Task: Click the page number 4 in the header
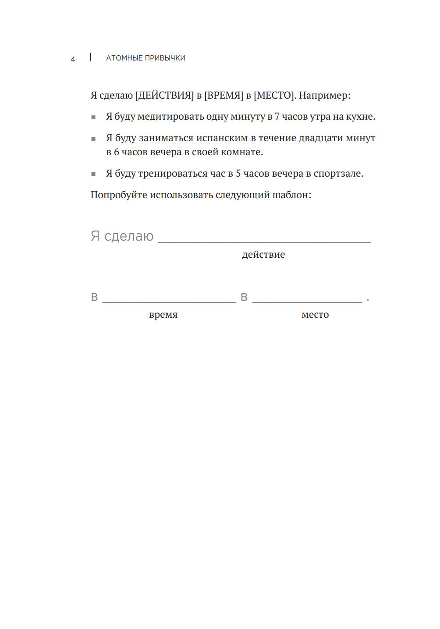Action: (73, 59)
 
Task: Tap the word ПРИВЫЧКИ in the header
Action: (165, 58)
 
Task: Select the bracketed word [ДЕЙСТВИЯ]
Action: (164, 96)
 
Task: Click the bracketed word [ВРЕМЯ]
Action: (224, 96)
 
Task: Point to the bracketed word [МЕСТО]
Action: (274, 96)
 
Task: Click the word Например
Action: (323, 96)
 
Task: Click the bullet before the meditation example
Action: (93, 117)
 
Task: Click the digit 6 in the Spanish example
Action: (116, 152)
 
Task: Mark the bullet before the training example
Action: (93, 174)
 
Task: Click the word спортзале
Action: (338, 174)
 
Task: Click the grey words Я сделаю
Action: (122, 236)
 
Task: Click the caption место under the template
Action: (315, 315)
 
